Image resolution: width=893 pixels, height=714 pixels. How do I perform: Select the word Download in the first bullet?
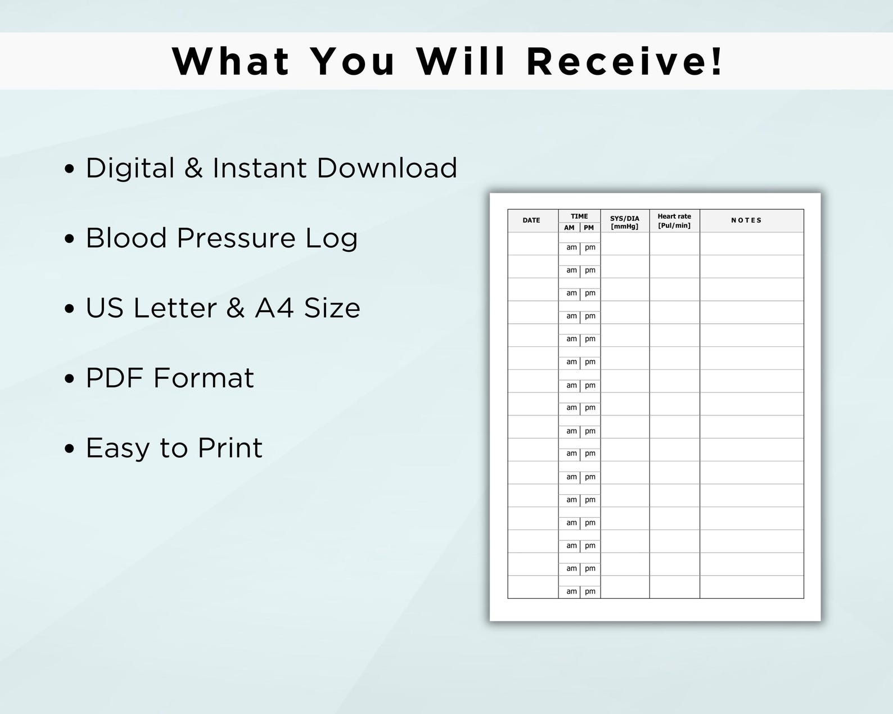(x=387, y=168)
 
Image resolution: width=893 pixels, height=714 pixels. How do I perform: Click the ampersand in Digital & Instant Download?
(x=193, y=168)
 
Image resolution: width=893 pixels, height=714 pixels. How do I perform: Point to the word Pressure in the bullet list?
(x=236, y=238)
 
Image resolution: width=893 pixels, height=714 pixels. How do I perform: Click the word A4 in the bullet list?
(x=274, y=308)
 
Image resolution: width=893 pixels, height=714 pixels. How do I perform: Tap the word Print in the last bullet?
(x=230, y=448)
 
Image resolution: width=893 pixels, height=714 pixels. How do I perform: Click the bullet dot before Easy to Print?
(x=70, y=449)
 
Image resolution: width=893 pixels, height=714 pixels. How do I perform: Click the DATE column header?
(x=531, y=220)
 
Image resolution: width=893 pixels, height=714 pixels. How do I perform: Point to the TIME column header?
(x=579, y=216)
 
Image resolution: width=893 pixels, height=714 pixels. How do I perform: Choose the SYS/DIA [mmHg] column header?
(x=625, y=222)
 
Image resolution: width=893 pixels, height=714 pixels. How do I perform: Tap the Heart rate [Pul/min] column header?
(x=674, y=221)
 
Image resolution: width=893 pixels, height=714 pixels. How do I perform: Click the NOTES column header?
(x=746, y=220)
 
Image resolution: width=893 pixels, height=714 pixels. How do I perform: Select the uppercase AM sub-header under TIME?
(x=569, y=228)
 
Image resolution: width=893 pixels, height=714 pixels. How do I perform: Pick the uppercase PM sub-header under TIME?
(x=589, y=228)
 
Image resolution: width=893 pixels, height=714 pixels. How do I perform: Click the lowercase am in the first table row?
(x=571, y=247)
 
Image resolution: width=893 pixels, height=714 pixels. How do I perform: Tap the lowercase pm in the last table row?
(x=590, y=591)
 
